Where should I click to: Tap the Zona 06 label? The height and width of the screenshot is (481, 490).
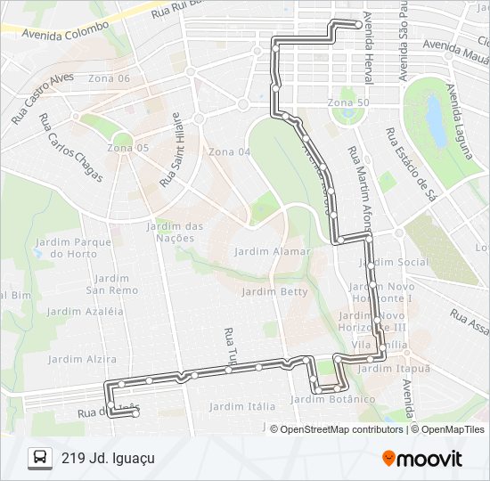[110, 78]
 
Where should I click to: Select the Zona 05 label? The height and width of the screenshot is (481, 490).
[128, 147]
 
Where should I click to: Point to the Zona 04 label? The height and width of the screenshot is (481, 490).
[229, 152]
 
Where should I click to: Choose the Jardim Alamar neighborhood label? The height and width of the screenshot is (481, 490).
[274, 251]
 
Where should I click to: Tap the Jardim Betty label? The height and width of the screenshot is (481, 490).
[274, 291]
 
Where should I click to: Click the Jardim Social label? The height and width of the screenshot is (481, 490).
[400, 262]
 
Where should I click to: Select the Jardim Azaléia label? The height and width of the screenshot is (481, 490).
[86, 312]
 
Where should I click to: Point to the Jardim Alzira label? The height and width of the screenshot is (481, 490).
[82, 359]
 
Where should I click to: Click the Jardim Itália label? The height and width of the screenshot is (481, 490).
[242, 406]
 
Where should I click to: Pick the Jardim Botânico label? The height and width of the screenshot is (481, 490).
[332, 399]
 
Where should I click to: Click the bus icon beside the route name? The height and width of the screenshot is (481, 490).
[40, 458]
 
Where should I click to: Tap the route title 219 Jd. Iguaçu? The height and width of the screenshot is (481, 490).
[108, 458]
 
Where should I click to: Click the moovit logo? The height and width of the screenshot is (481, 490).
[422, 459]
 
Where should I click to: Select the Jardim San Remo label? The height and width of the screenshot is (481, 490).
[111, 284]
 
